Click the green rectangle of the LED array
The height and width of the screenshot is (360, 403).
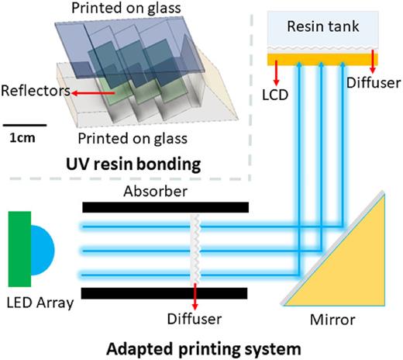click(19, 248)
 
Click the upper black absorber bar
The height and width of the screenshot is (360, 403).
click(166, 207)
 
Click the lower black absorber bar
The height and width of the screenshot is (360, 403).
click(166, 292)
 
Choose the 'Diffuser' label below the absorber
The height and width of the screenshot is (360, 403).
click(195, 317)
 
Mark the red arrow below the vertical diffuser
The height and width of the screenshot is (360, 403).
click(195, 298)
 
